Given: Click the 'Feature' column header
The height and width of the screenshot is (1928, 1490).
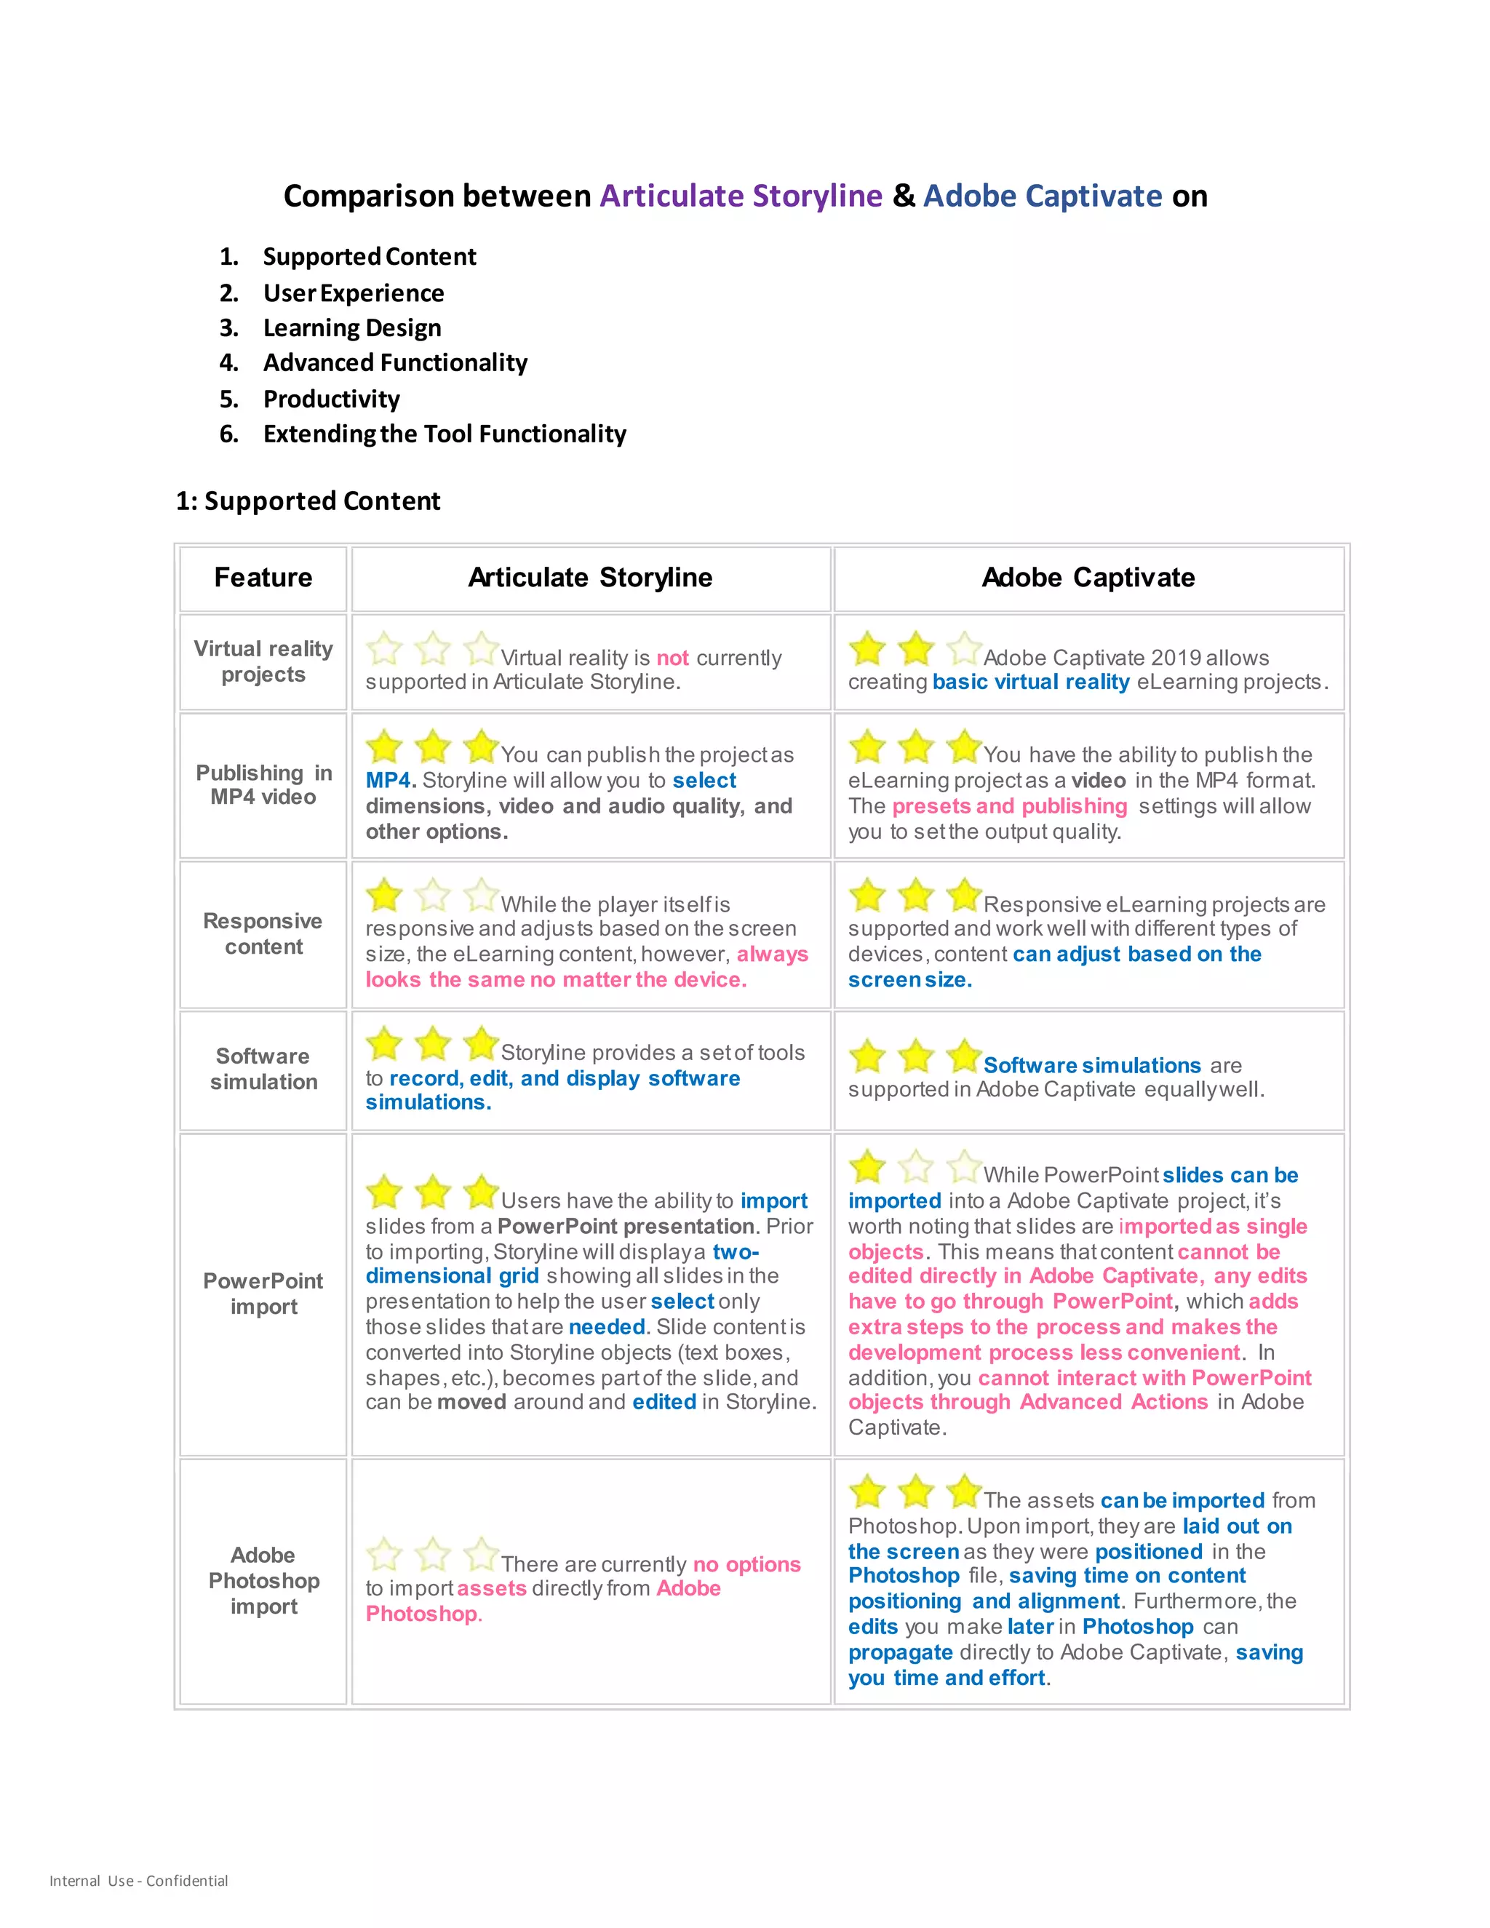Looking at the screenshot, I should pos(263,578).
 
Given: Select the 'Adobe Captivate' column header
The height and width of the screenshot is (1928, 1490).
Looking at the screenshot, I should pos(1088,578).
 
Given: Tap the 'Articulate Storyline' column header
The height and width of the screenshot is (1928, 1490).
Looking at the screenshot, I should pos(589,578).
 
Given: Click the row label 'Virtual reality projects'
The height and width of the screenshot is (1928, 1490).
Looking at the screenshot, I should pos(263,661).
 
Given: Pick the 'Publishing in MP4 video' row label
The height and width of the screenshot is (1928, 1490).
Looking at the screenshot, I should pos(263,785).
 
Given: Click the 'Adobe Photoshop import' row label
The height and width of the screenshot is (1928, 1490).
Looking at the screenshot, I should pos(263,1580).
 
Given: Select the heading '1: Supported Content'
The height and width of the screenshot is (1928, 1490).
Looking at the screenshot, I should pos(308,501).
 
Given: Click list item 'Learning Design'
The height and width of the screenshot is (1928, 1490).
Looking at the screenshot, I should pos(352,327).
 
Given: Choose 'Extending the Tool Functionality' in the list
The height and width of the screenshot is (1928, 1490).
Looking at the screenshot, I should pos(444,434).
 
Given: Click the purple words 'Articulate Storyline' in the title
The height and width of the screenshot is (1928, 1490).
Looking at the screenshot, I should pos(741,195).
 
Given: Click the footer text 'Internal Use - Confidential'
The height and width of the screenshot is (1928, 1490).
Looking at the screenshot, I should pos(138,1880).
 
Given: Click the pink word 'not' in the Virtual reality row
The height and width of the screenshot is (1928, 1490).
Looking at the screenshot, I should pos(673,658).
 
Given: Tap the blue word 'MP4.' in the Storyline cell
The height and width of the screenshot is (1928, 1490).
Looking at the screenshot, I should pos(390,781).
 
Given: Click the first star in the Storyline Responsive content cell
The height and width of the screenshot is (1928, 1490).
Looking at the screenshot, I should pos(385,895).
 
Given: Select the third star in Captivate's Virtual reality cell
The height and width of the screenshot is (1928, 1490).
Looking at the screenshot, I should pos(964,649).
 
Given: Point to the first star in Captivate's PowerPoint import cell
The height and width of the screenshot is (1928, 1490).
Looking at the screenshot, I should pos(868,1166).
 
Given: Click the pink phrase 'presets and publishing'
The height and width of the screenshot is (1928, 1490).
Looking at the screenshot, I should pos(1009,806).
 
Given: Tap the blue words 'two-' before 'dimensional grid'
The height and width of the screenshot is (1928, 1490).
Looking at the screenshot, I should pos(736,1252).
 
